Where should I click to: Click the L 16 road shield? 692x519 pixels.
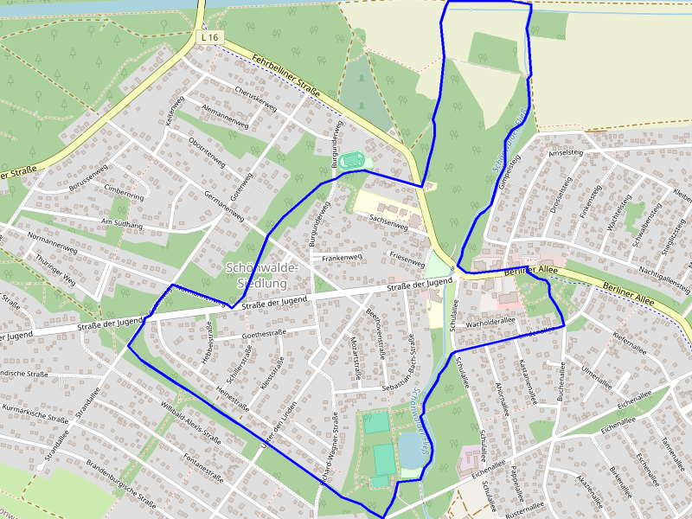click(x=210, y=38)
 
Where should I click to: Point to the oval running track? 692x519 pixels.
click(x=351, y=160)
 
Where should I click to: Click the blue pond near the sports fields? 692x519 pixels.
click(x=409, y=451)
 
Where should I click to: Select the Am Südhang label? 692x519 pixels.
click(x=122, y=222)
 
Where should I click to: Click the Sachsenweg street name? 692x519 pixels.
click(x=388, y=221)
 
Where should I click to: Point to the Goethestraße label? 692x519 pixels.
click(x=265, y=333)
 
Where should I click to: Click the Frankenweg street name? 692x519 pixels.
click(x=342, y=258)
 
